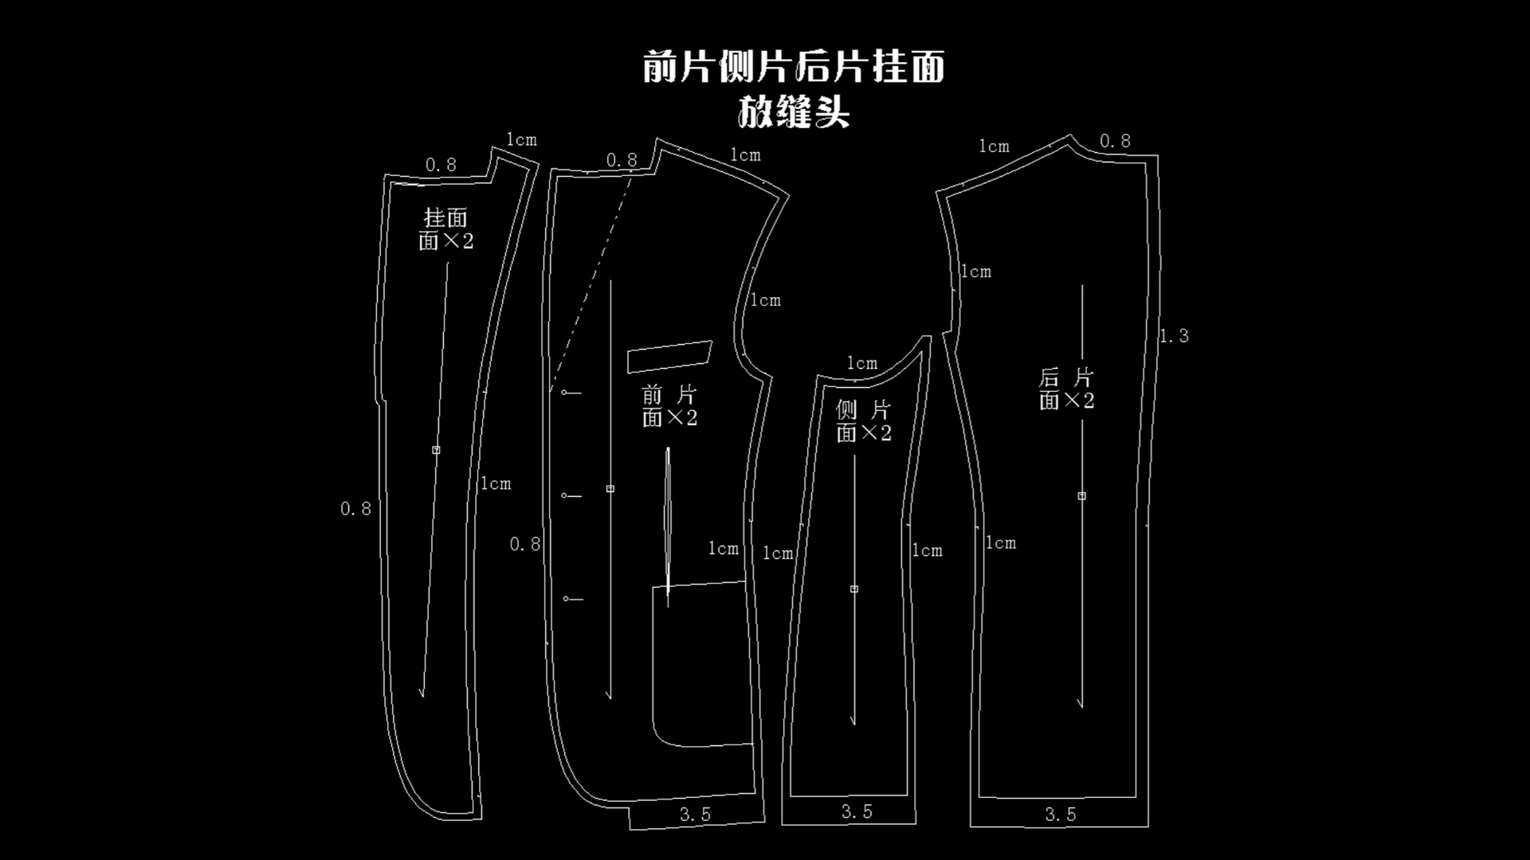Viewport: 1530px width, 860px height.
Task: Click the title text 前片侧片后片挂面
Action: click(794, 67)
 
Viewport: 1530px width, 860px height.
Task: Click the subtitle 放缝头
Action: click(794, 112)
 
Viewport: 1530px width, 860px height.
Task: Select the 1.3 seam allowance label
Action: click(1174, 336)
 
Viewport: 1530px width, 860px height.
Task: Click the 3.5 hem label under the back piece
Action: click(1061, 815)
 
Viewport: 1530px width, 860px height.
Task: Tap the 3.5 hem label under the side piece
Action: click(857, 812)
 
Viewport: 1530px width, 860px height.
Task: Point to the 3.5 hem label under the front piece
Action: click(695, 815)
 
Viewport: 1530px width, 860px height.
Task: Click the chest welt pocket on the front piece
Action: click(669, 357)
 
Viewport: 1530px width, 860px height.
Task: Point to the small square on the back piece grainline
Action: click(1081, 495)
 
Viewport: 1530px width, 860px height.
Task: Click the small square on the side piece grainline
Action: click(853, 589)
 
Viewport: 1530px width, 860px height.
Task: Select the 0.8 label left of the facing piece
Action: click(355, 509)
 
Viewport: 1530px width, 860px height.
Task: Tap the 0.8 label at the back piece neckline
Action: click(1115, 142)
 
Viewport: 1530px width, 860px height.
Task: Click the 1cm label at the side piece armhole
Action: click(861, 364)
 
